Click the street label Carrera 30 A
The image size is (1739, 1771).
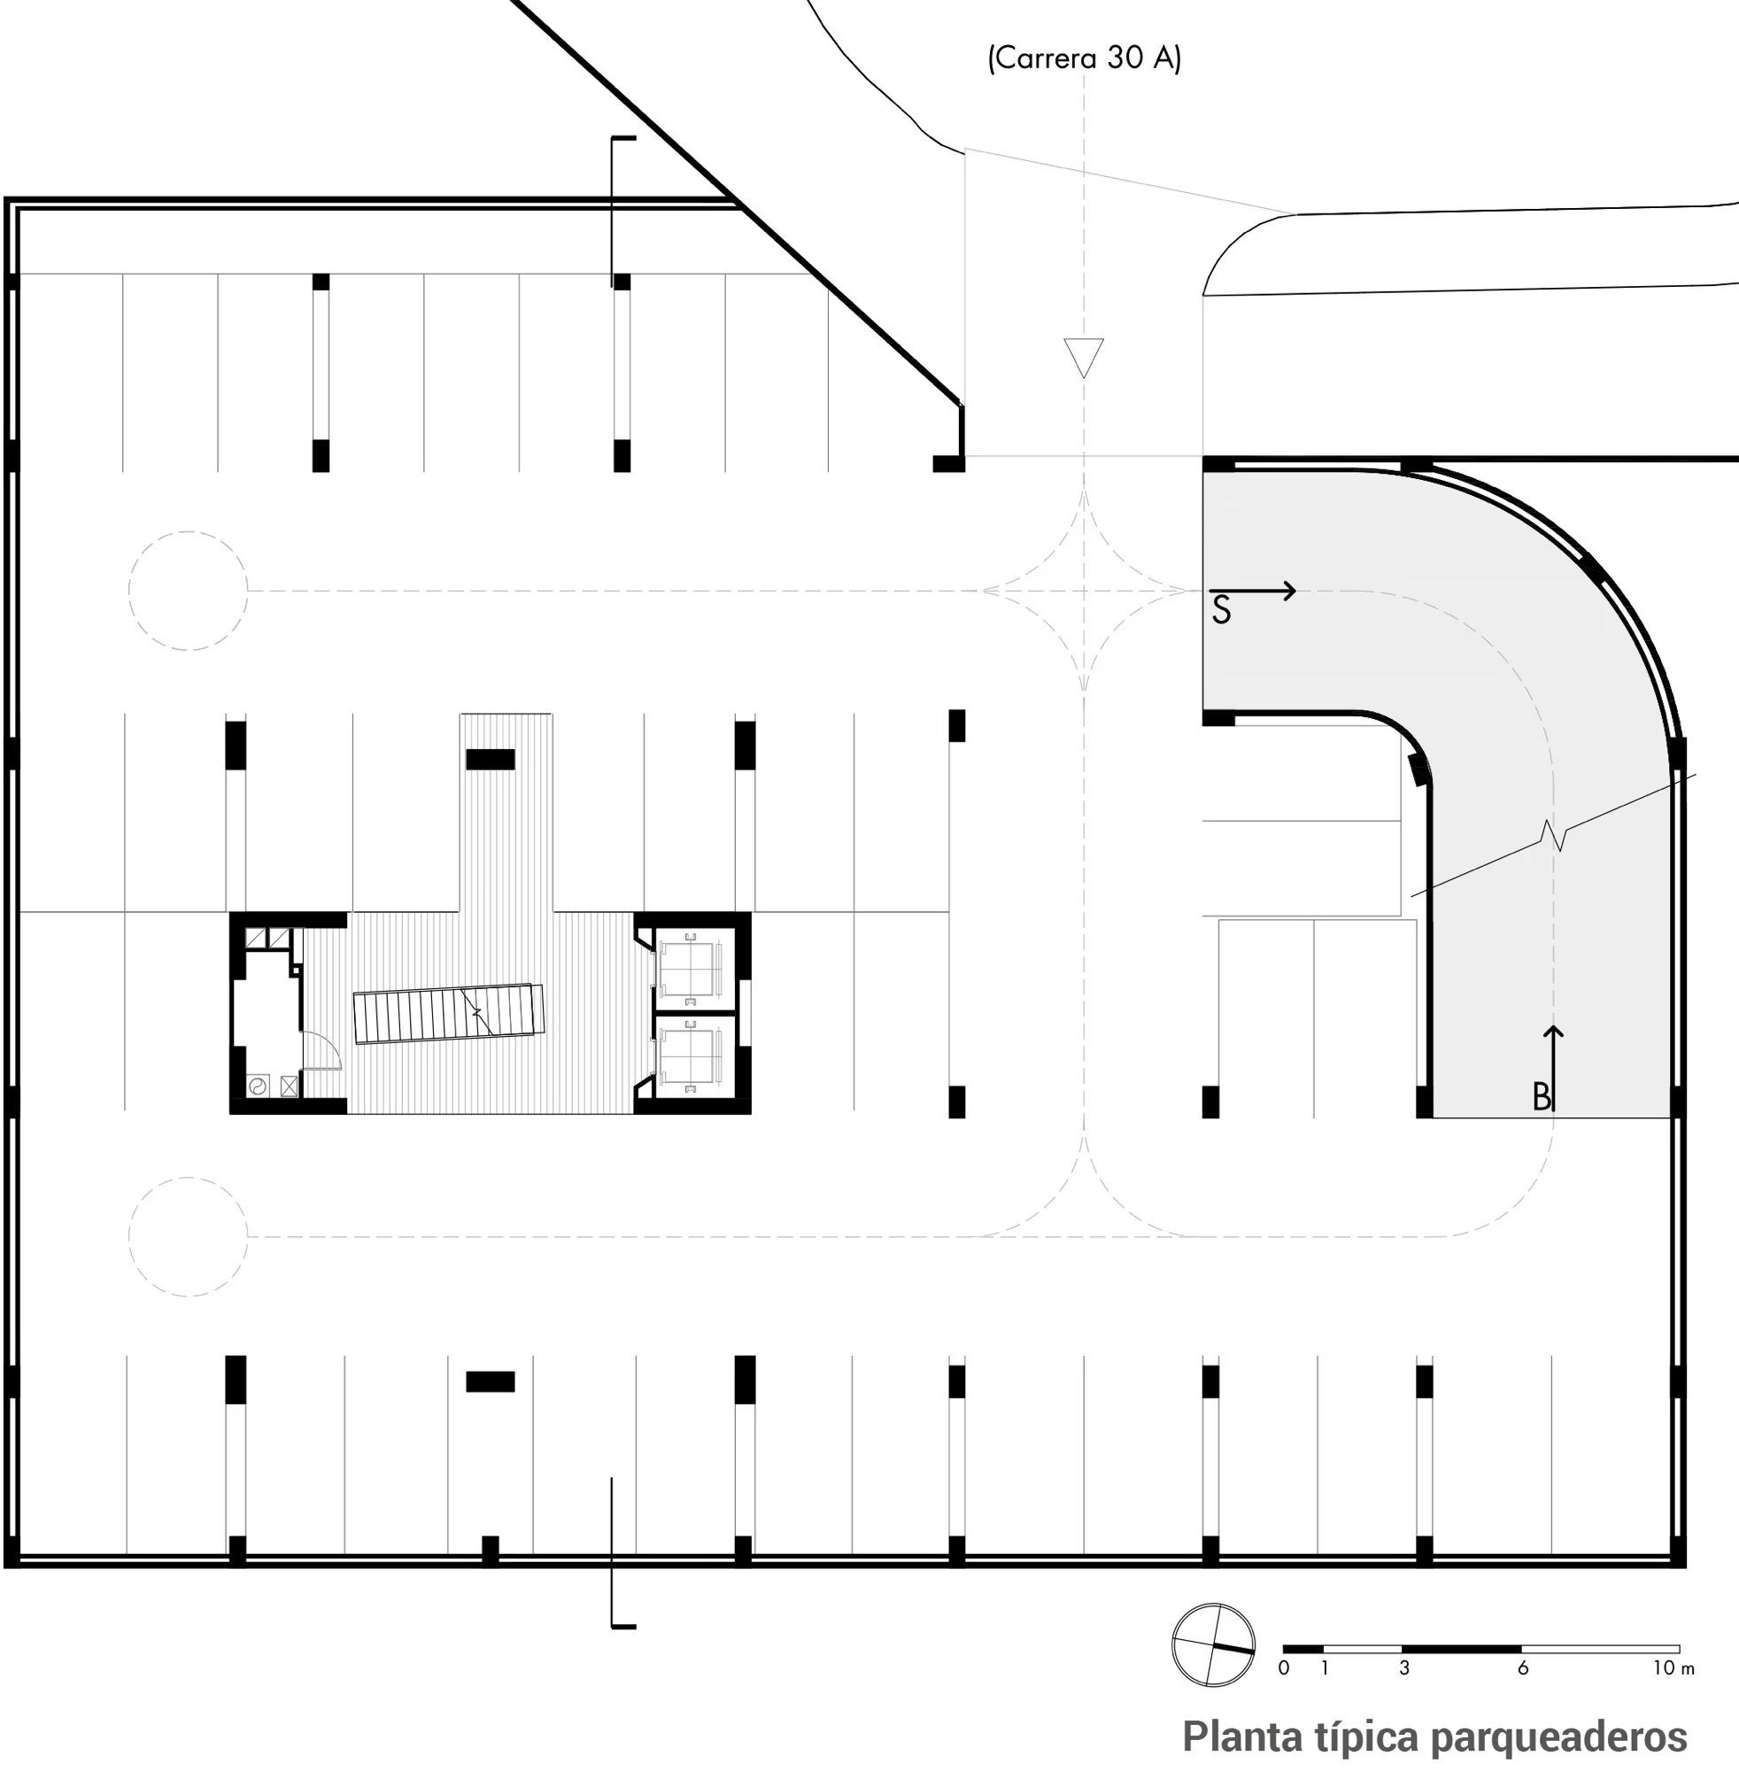[x=1084, y=58]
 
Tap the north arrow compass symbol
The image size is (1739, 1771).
[x=1213, y=1644]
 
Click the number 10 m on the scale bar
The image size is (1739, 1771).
[x=1673, y=1667]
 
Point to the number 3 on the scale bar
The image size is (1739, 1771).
[x=1404, y=1667]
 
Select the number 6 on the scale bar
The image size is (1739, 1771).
[x=1523, y=1667]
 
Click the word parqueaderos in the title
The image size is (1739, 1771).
[x=1558, y=1737]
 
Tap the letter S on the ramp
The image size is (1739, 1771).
[x=1221, y=609]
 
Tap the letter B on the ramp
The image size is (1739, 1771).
[x=1541, y=1096]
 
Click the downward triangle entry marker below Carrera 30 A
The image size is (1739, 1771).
[x=1084, y=357]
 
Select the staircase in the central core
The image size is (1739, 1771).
[x=448, y=1013]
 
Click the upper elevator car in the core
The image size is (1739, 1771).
[x=691, y=967]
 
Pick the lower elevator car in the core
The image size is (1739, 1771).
[x=691, y=1057]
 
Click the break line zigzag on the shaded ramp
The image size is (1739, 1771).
[x=1555, y=835]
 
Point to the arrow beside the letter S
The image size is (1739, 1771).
[x=1252, y=591]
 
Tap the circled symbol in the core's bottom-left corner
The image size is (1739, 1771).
[x=258, y=1085]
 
